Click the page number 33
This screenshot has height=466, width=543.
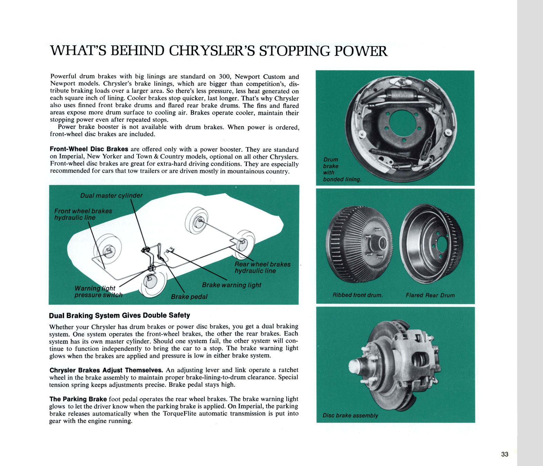pos(504,454)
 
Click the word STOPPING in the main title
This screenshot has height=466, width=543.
pos(294,51)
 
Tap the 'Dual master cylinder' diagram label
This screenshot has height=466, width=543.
pos(111,196)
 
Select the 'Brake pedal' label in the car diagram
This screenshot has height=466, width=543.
pos(189,297)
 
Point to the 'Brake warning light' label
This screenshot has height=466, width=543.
pos(231,285)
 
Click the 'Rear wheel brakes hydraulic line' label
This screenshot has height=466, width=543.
pos(262,268)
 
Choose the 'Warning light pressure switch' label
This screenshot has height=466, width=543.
pos(98,292)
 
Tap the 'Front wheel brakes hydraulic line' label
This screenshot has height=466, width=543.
pos(83,214)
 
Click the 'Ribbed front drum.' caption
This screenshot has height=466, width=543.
pos(358,295)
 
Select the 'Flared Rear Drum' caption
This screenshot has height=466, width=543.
pos(430,295)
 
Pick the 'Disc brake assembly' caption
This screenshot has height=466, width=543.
pos(350,416)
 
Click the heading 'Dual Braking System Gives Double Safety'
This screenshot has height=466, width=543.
pos(119,315)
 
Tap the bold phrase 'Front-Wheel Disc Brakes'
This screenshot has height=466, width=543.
pos(89,149)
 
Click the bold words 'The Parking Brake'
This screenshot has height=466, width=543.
pos(78,399)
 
